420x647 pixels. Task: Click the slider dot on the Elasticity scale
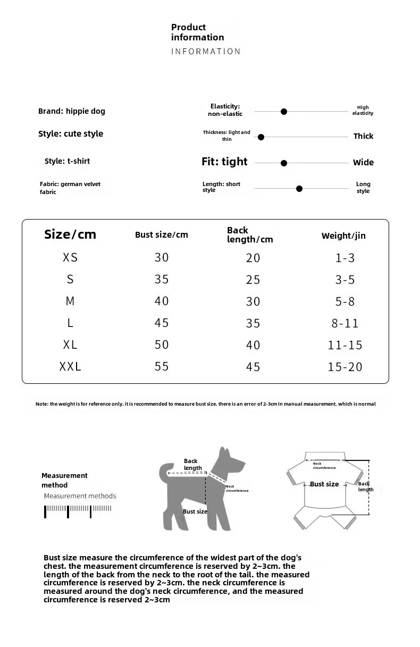coord(284,112)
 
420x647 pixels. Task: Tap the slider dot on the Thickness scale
coord(261,137)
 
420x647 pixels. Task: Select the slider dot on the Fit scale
coord(284,163)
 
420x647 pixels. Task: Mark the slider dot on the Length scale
coord(299,189)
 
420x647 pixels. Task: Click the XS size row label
coord(70,258)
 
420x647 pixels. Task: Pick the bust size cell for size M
coord(162,301)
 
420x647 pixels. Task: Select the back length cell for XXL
coord(253,367)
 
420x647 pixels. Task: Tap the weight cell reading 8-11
coord(345,323)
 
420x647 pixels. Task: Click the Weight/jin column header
coord(343,236)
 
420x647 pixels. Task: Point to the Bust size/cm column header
coord(162,234)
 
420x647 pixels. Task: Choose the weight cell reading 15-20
coord(345,367)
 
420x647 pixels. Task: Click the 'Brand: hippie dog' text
coord(72,111)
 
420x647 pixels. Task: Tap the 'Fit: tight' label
coord(224,162)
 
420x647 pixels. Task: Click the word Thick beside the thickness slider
coord(363,136)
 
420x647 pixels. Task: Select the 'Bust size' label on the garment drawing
coord(324,484)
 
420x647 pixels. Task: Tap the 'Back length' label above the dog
coord(192,464)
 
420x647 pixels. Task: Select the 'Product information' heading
coord(197,32)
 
